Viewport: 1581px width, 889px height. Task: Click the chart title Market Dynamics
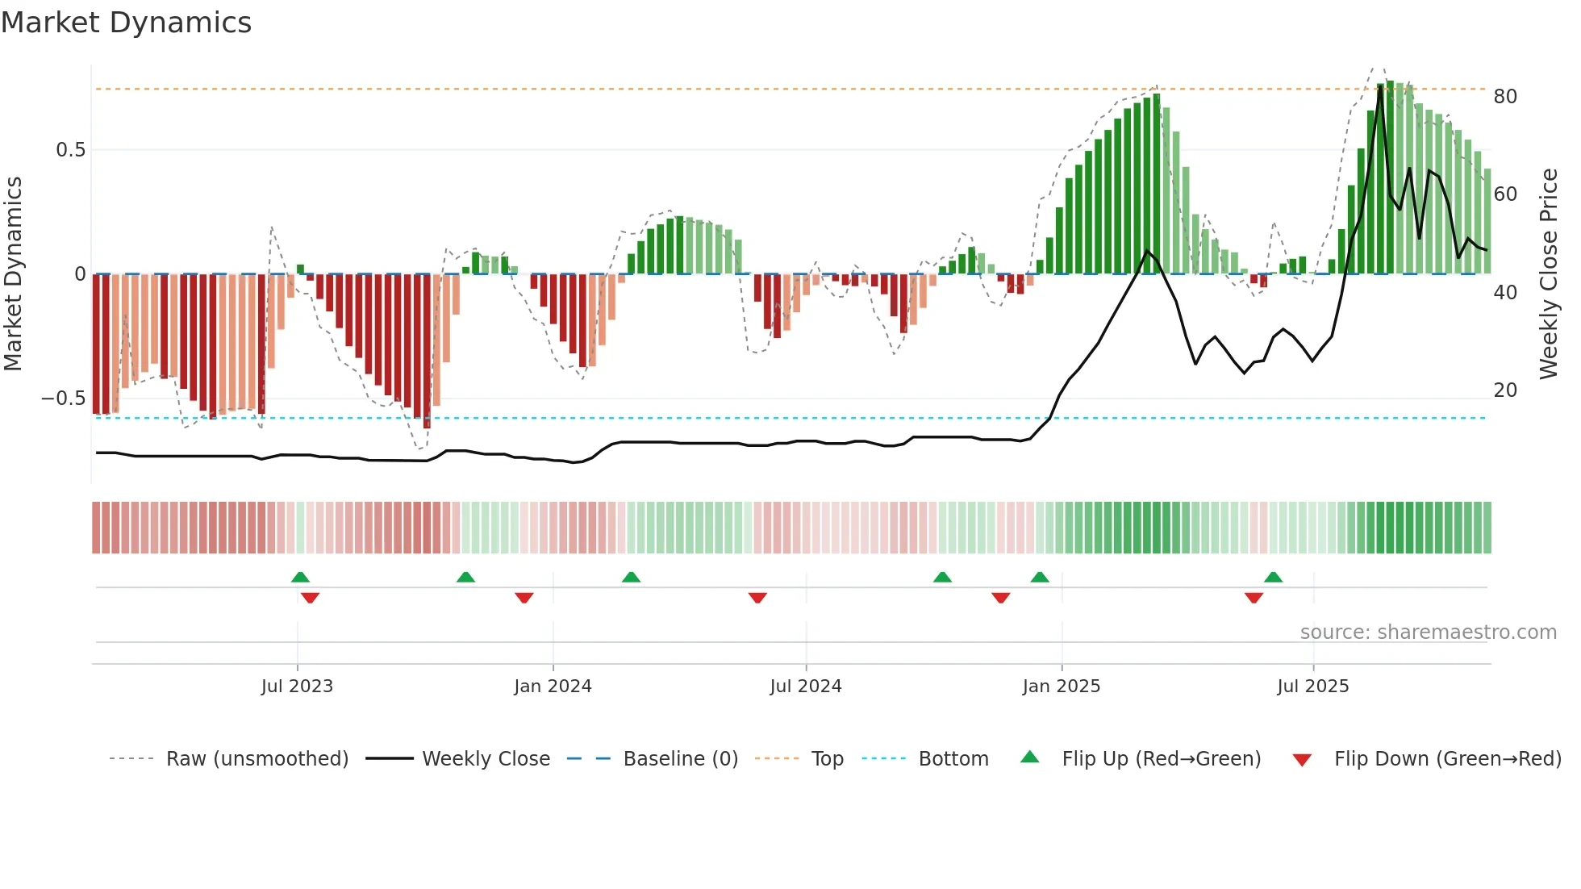click(126, 23)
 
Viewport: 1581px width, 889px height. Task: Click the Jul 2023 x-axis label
click(297, 687)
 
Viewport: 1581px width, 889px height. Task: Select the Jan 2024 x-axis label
click(553, 687)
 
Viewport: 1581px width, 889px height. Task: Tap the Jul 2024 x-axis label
click(805, 687)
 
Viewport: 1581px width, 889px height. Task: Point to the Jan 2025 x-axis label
click(1061, 687)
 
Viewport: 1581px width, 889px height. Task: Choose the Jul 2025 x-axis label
click(1312, 687)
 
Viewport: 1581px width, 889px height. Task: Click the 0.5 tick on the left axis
click(70, 150)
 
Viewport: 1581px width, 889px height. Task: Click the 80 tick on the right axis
click(1505, 97)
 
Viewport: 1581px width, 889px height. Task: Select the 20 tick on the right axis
click(1505, 390)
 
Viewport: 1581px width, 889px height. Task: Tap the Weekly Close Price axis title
click(1549, 274)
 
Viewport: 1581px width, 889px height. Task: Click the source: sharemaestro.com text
click(1428, 632)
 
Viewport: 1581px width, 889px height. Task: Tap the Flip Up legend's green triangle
click(1030, 758)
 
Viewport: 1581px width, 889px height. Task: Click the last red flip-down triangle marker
click(1254, 598)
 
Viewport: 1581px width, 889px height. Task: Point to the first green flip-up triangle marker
click(300, 577)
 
